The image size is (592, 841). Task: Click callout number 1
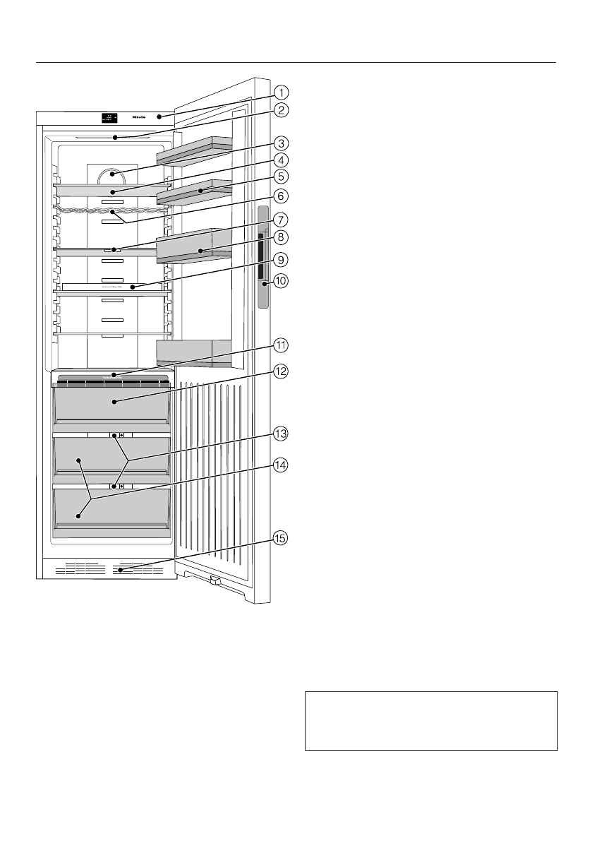click(281, 91)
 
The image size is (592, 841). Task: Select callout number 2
click(281, 109)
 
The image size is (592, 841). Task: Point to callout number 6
click(281, 194)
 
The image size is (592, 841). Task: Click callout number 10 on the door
click(281, 280)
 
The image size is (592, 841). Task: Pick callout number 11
click(281, 345)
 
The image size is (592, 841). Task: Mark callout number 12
click(281, 371)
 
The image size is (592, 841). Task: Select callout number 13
click(281, 434)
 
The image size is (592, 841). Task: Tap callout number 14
click(281, 465)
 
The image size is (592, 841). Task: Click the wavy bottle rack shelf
click(111, 209)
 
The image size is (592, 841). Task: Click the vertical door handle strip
click(264, 258)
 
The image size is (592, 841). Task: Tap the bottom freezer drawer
click(111, 512)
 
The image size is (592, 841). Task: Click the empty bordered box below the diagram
click(431, 720)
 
